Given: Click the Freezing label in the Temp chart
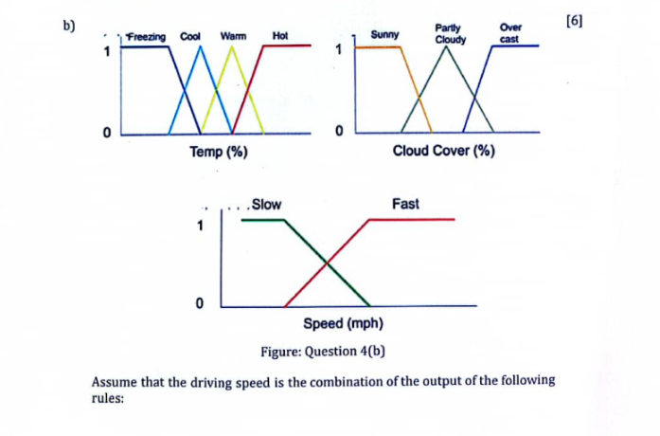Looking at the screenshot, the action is pyautogui.click(x=147, y=37).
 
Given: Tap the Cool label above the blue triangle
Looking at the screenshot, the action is pyautogui.click(x=190, y=36).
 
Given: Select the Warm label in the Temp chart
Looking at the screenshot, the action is pyautogui.click(x=233, y=36).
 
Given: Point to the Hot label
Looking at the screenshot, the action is pyautogui.click(x=280, y=36).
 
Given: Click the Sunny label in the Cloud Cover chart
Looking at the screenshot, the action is pyautogui.click(x=384, y=34).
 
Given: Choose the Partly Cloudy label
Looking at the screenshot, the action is pyautogui.click(x=450, y=34).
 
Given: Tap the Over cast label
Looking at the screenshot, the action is pyautogui.click(x=510, y=33).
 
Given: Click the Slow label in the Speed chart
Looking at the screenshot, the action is pyautogui.click(x=266, y=205).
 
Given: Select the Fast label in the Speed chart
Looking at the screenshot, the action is pyautogui.click(x=405, y=204).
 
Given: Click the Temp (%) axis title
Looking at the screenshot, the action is pyautogui.click(x=219, y=152).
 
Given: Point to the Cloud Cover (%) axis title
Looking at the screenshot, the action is pyautogui.click(x=444, y=151).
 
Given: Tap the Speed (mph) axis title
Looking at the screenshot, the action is pyautogui.click(x=343, y=323).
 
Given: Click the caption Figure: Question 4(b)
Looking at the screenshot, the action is pyautogui.click(x=323, y=351).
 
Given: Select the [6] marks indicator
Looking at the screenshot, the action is pyautogui.click(x=575, y=21).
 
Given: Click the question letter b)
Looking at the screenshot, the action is pyautogui.click(x=69, y=27).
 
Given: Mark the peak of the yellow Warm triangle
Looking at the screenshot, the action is pyautogui.click(x=232, y=45).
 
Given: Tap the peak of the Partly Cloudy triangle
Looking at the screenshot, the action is pyautogui.click(x=447, y=46).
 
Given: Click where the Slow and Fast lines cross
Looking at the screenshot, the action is pyautogui.click(x=327, y=263).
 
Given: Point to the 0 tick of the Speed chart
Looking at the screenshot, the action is pyautogui.click(x=200, y=303).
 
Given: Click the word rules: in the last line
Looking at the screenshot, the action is pyautogui.click(x=108, y=398).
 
